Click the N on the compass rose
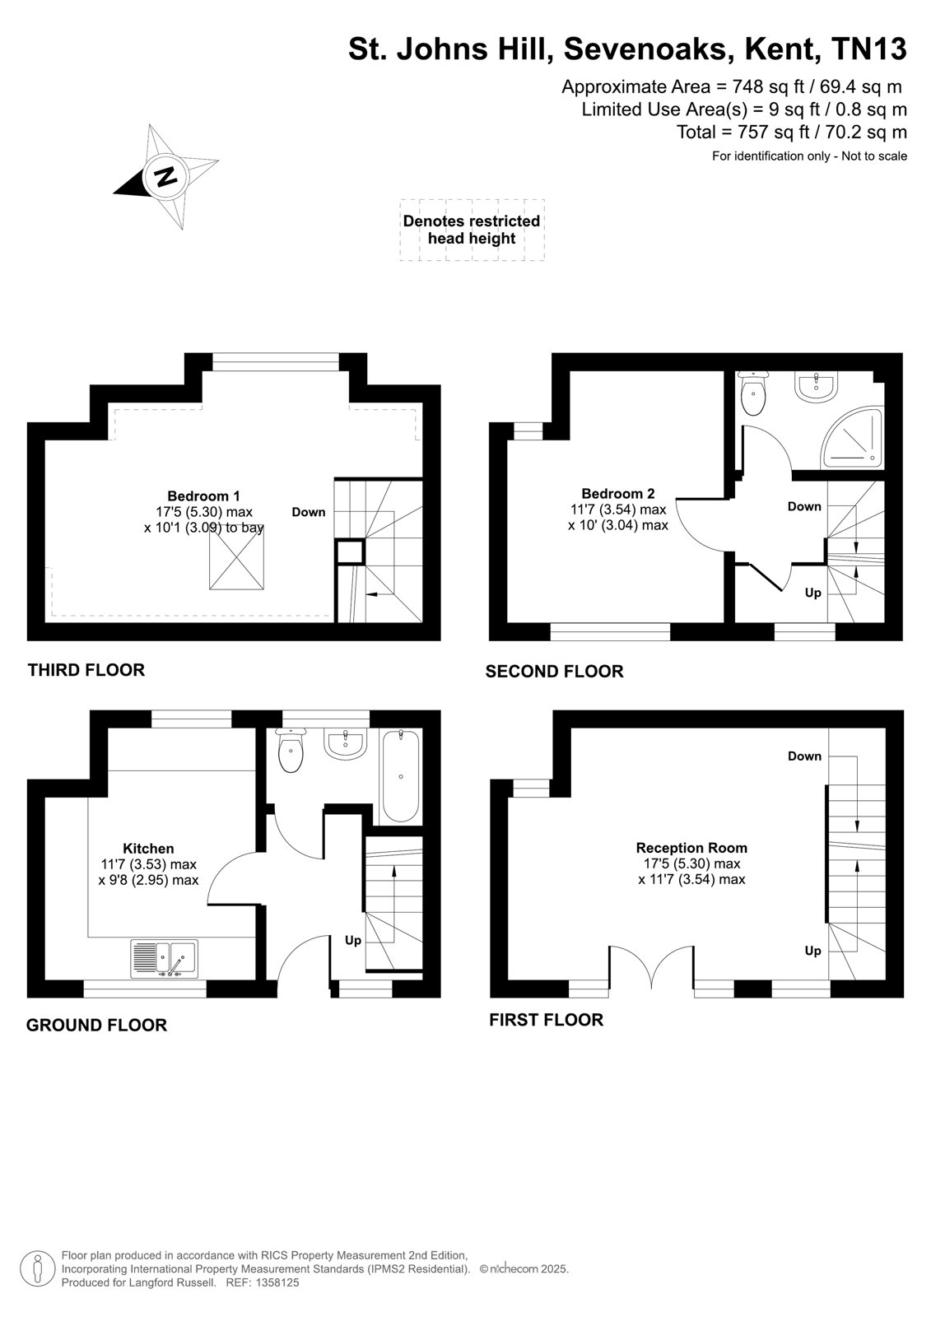(165, 176)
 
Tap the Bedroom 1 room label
(203, 496)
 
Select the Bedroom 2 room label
(617, 493)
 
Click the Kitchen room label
(148, 849)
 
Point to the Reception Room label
(691, 848)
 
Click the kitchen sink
(164, 958)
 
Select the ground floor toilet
(291, 750)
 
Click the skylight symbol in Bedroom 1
(236, 557)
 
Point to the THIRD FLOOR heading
(86, 670)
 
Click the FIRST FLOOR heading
(546, 1020)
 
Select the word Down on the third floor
(308, 512)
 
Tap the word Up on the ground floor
(353, 940)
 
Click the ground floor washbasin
(345, 744)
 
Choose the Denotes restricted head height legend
(472, 230)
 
